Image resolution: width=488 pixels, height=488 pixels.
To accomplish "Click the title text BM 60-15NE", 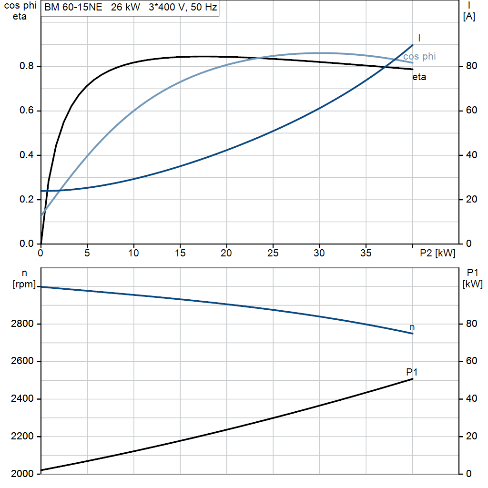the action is coord(73,7).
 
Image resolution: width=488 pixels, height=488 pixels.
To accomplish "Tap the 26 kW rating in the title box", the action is coord(125,7).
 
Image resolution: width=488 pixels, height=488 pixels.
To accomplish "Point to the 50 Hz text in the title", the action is coord(203,7).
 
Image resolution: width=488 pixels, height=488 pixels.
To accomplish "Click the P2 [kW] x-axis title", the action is coord(437,253).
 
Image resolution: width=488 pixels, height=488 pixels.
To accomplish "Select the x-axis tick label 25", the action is coord(273,253).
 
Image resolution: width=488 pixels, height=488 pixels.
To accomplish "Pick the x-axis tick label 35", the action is coord(366,253).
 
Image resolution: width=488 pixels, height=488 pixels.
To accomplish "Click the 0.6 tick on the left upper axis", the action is coord(27,111).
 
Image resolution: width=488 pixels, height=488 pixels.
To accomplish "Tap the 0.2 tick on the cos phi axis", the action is coord(27,199).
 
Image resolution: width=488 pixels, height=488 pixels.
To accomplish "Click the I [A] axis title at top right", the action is coord(469,11).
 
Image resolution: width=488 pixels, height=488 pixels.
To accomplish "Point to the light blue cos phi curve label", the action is coord(419,56).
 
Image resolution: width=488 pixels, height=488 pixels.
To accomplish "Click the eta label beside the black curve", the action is coord(419,77).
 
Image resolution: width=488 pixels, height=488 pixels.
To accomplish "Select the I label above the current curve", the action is coord(419,38).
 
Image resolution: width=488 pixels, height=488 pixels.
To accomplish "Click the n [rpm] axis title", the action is coord(24,278).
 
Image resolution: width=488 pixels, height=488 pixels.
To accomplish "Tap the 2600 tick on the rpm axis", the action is coord(22,361).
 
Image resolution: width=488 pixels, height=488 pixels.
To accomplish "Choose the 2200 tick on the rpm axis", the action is coord(22,437).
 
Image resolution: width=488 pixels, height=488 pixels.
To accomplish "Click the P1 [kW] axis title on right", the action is coord(472,278).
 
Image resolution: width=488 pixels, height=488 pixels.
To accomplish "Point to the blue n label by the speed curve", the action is coord(412,327).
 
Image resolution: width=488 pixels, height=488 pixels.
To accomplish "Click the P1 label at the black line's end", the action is coord(412,372).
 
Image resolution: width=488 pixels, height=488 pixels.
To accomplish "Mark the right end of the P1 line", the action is coord(413,379).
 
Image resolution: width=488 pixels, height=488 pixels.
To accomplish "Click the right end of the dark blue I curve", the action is coord(413,45).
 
